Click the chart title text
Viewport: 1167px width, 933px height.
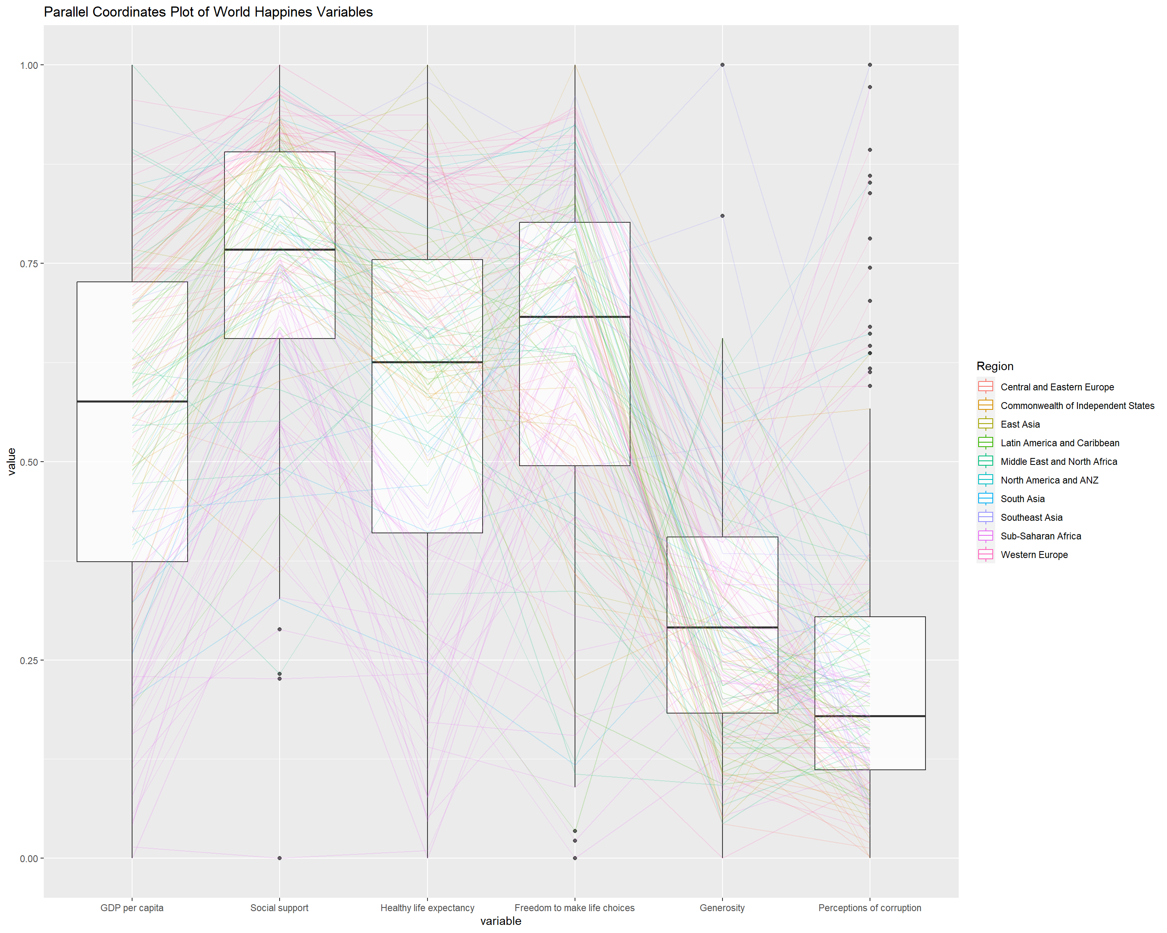[x=208, y=12]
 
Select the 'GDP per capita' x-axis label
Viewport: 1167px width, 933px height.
[x=132, y=907]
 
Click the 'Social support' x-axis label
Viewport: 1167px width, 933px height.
[x=279, y=907]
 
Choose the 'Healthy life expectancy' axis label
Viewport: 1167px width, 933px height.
[x=427, y=907]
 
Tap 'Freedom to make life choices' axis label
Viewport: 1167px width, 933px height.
[x=574, y=907]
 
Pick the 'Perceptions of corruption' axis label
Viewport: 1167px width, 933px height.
[x=869, y=907]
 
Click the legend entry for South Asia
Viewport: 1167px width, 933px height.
[x=1022, y=498]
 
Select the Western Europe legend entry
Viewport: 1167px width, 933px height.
[x=1034, y=554]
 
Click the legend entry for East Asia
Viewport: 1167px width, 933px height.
[x=1020, y=424]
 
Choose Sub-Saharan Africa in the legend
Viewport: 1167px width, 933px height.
[x=1040, y=536]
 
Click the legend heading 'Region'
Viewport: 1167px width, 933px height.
[x=995, y=366]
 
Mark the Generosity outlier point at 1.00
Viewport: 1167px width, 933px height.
[x=722, y=65]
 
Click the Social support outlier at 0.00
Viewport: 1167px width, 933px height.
[x=279, y=858]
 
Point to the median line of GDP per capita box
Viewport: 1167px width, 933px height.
[x=132, y=401]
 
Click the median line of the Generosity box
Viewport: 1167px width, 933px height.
[x=722, y=627]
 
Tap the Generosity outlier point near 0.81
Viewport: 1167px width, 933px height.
[x=722, y=216]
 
